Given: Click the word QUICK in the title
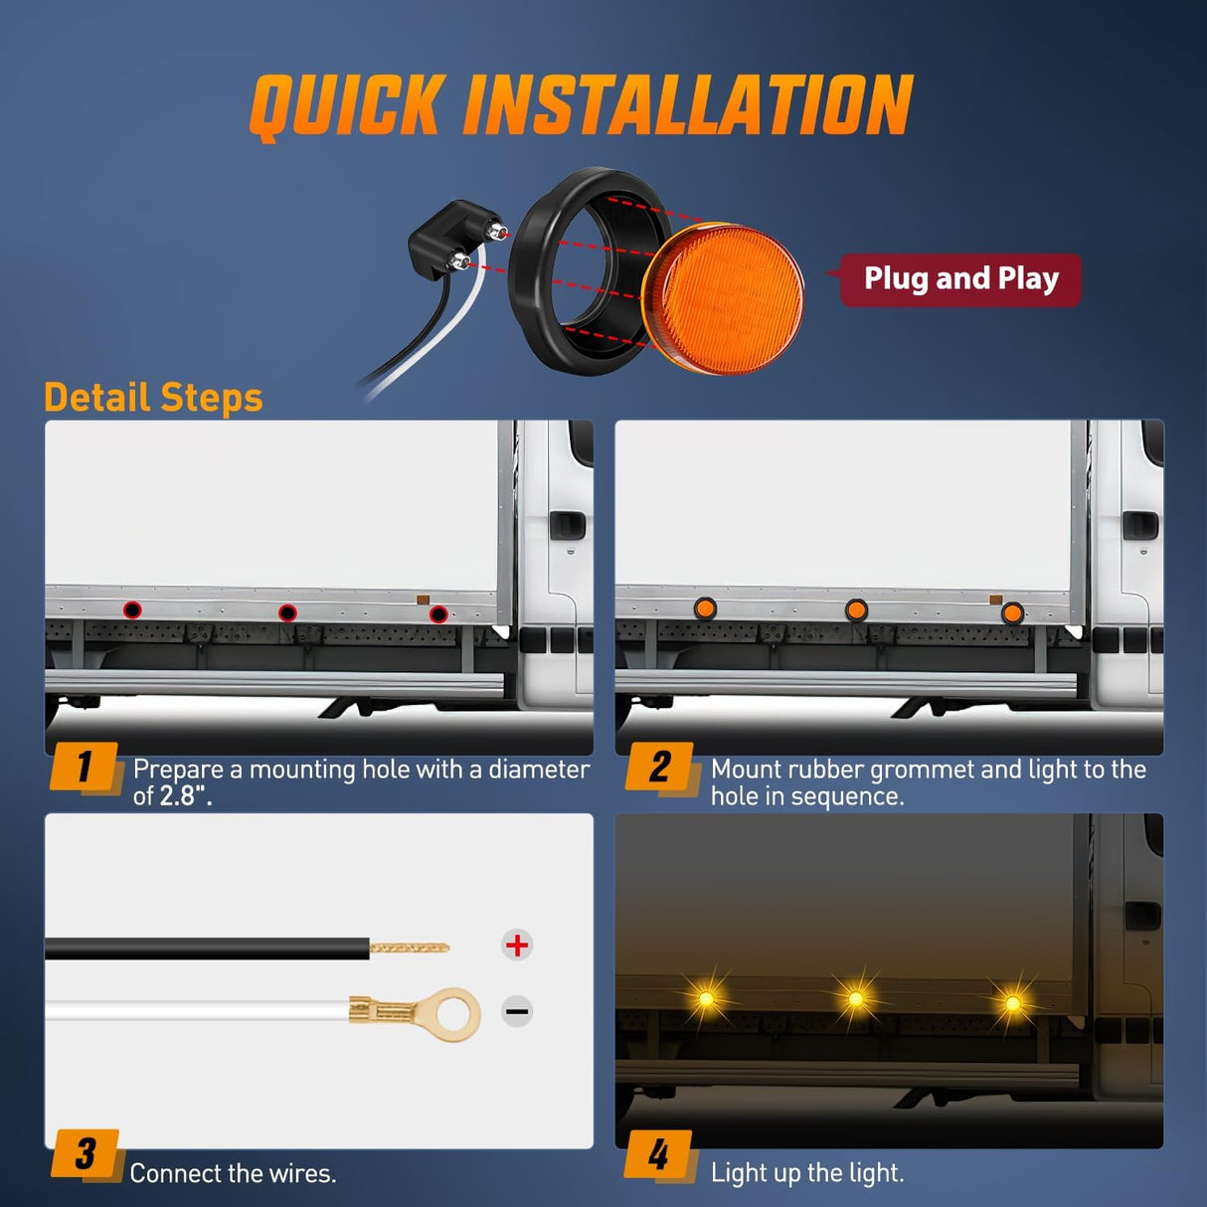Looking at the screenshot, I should coord(345,105).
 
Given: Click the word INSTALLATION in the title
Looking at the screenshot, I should coord(687,105).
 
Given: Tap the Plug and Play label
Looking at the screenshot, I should coord(960,279).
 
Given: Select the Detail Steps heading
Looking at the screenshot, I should coord(153,398).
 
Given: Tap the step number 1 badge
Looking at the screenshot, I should coord(85,767).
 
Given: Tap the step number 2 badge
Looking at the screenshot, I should coord(660,767).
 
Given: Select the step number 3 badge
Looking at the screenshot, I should coord(86,1153).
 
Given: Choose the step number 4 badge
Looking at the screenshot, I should coord(658,1154).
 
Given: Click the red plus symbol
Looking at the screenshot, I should coord(517,945).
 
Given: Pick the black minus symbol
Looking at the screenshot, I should coord(517,1012).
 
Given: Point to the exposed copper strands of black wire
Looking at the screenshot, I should coord(409,948).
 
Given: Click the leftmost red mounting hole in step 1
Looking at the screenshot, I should coord(132,609).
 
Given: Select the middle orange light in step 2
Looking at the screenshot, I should coord(856,609).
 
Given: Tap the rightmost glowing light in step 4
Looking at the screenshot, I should coord(1012,1003).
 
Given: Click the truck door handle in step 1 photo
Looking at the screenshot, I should coord(568,524).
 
